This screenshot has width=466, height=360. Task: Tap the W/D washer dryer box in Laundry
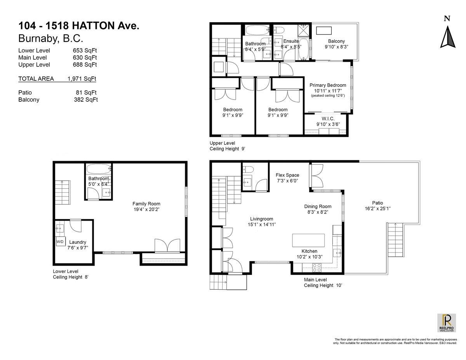(x=60, y=242)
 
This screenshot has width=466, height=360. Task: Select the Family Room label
(x=146, y=203)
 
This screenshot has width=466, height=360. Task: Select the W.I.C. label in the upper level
(x=328, y=118)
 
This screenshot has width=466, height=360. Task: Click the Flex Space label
(x=287, y=175)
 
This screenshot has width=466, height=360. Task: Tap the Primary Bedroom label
(x=327, y=85)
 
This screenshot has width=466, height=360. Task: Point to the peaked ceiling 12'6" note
(x=327, y=96)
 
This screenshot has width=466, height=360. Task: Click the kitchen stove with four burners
(x=316, y=267)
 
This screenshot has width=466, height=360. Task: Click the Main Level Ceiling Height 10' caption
(x=323, y=282)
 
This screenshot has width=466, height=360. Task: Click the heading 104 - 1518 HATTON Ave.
(x=79, y=26)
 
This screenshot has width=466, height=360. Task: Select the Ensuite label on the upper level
(x=291, y=41)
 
